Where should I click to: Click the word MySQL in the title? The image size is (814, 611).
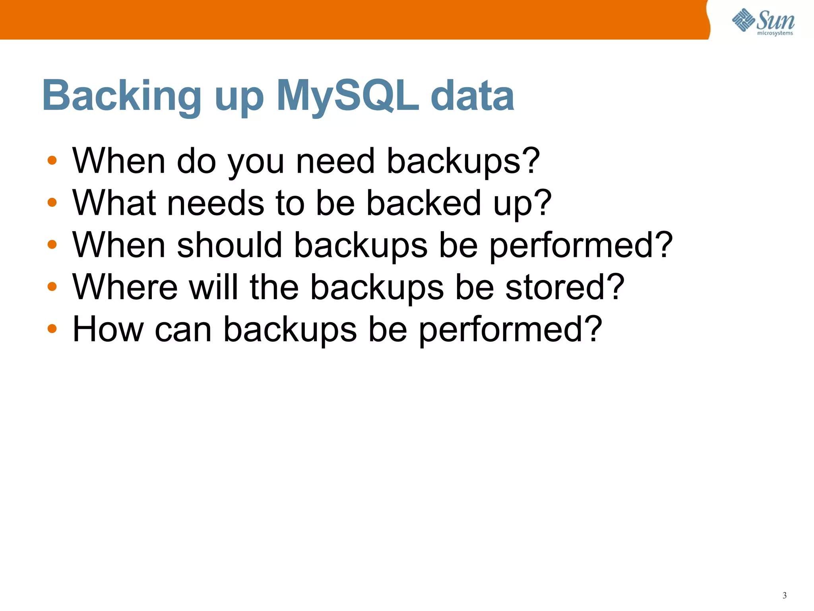(x=347, y=95)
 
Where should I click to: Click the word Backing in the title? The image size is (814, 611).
(x=122, y=95)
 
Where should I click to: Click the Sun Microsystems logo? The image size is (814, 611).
(x=763, y=21)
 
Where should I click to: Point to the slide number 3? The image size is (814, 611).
(x=785, y=595)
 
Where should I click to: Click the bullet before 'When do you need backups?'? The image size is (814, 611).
(x=52, y=161)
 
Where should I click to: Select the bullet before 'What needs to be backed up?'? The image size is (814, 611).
(x=52, y=202)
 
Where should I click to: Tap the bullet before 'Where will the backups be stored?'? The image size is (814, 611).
(x=52, y=286)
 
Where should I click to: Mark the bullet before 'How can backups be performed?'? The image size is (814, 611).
(x=52, y=329)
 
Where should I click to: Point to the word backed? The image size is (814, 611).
(x=424, y=202)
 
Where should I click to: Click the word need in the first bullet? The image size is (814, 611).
(x=335, y=161)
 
